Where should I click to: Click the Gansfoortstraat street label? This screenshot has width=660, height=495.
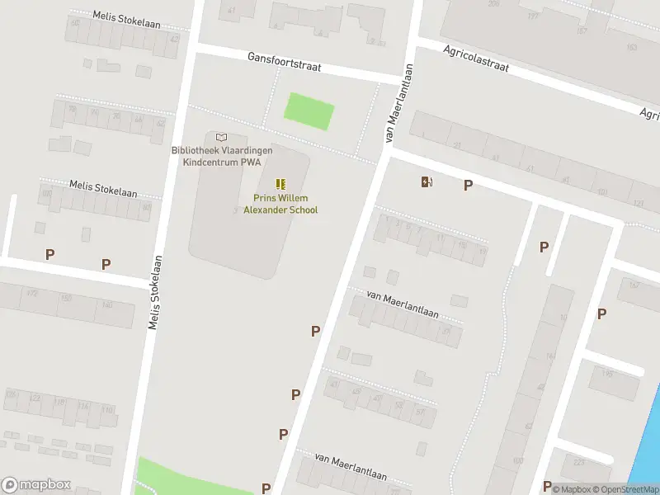(284, 62)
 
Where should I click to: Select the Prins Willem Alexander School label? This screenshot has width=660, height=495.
(285, 204)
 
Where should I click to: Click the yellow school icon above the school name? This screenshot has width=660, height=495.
(280, 183)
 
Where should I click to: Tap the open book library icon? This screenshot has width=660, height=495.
(220, 137)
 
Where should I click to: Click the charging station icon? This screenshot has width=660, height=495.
(427, 182)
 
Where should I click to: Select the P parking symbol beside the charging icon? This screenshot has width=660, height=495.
(468, 186)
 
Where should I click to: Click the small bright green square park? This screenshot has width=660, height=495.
(309, 111)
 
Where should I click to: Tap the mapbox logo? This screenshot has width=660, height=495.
(36, 485)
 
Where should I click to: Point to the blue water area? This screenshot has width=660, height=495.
(648, 445)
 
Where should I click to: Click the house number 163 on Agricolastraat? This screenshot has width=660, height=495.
(631, 47)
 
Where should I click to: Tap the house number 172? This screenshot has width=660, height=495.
(33, 294)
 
